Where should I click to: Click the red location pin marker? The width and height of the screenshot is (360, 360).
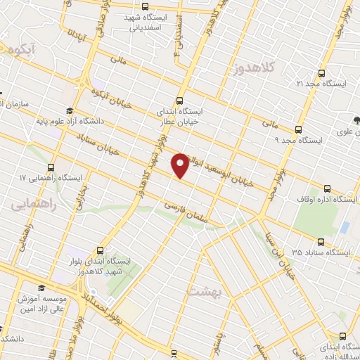tap(181, 165)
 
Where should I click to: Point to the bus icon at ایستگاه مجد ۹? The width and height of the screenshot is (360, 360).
tap(299, 129)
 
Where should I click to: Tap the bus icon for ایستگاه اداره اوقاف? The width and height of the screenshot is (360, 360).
tap(327, 188)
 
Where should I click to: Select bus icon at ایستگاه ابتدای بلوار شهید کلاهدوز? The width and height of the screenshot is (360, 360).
tap(101, 250)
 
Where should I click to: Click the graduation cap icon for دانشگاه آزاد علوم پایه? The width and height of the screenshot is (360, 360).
tap(69, 110)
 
